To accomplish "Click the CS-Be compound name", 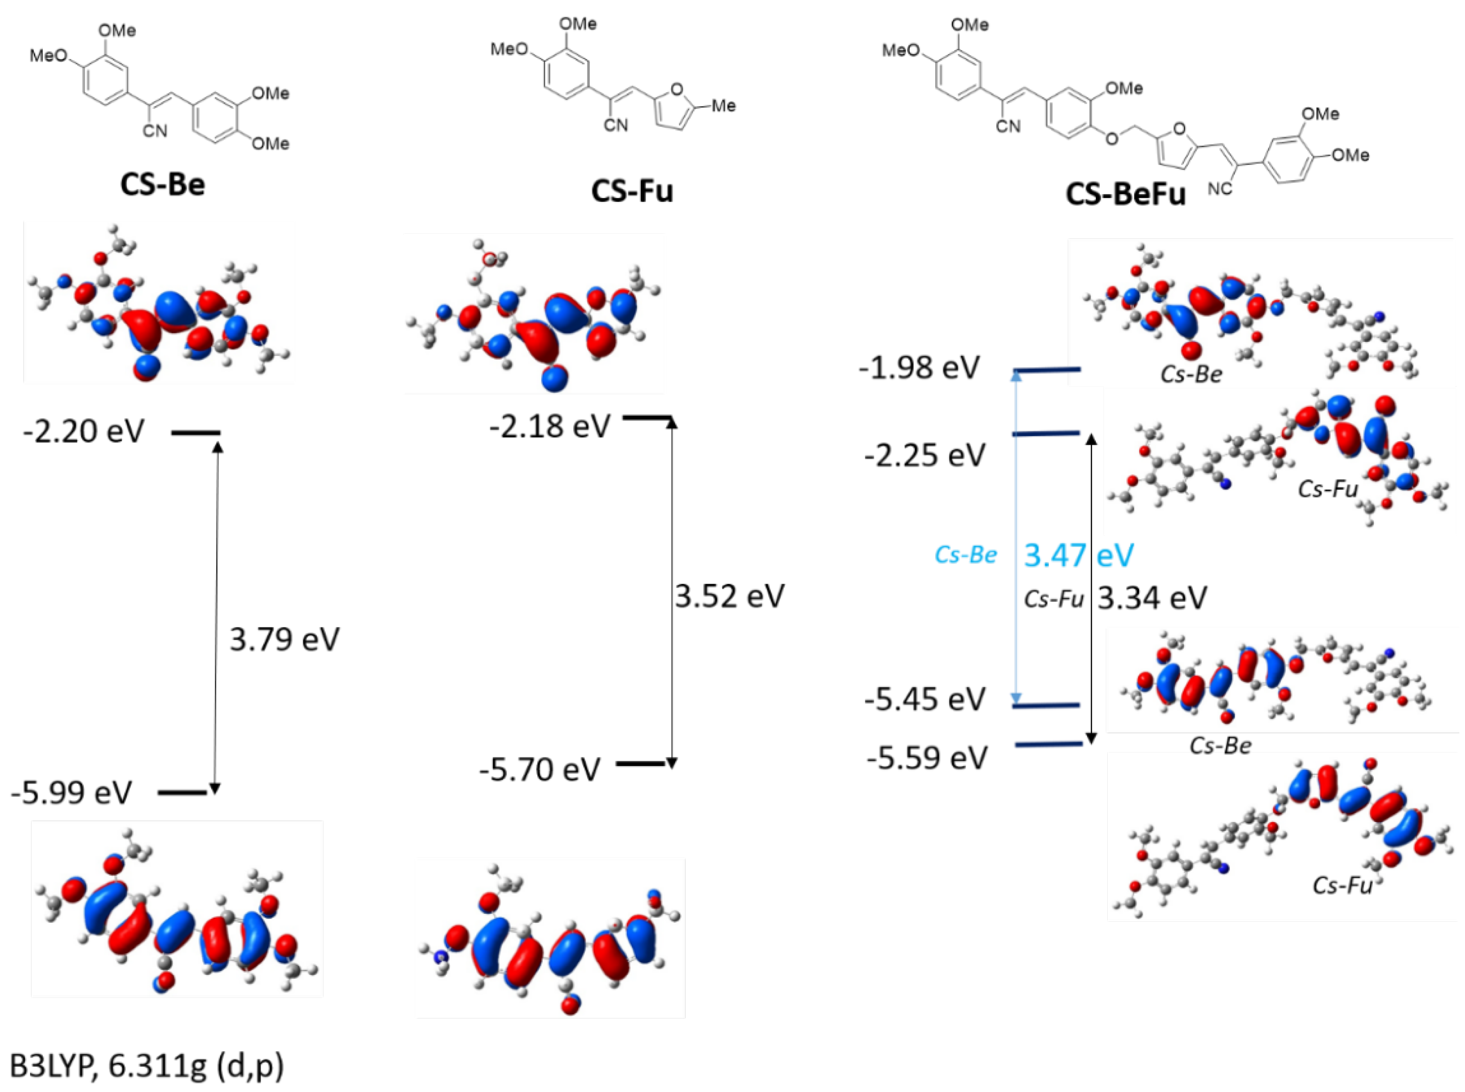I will [x=163, y=184].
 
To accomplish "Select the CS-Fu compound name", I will [x=632, y=190].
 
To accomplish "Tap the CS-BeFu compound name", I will [x=1126, y=194].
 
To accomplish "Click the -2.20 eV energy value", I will [x=84, y=432].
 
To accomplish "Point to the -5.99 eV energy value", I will [x=71, y=792].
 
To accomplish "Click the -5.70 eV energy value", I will [x=540, y=769].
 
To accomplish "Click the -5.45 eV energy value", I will [x=925, y=699].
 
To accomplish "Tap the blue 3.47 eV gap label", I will [x=1079, y=554].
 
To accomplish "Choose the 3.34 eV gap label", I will [x=1152, y=598].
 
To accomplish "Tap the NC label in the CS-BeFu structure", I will [x=1220, y=189].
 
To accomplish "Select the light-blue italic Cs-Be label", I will [x=965, y=554].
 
